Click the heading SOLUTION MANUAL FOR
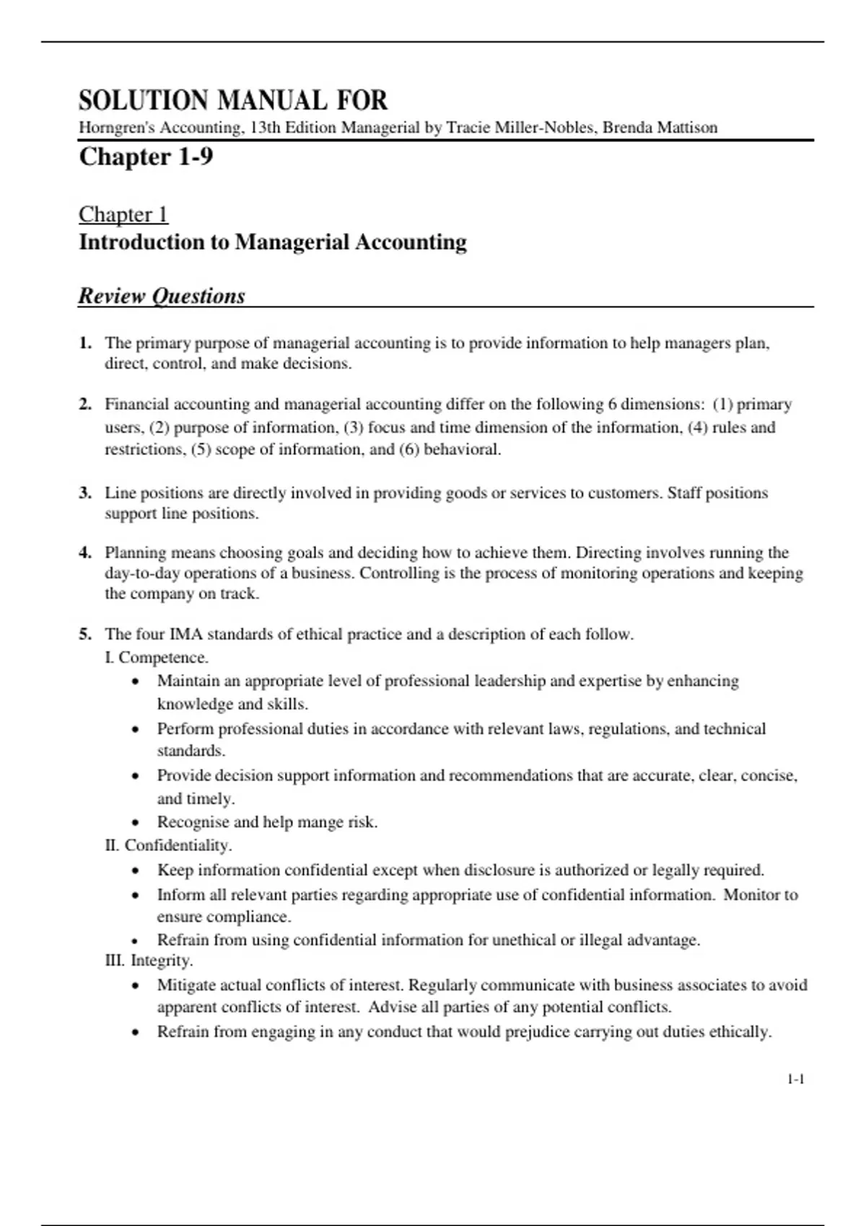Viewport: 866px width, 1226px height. click(233, 100)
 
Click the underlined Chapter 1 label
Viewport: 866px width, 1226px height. click(123, 214)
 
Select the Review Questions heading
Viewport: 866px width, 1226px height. click(162, 296)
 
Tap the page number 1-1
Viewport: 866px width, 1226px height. click(795, 1079)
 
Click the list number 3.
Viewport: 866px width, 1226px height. click(85, 493)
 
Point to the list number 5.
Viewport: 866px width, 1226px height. click(85, 635)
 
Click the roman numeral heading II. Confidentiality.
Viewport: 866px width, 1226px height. click(168, 844)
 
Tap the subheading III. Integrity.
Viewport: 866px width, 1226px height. click(149, 961)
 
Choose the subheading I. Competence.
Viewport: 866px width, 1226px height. click(157, 658)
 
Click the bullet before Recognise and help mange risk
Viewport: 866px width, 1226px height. click(136, 823)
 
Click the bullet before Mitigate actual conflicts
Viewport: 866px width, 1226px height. click(136, 986)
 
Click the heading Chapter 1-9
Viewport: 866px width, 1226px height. click(146, 156)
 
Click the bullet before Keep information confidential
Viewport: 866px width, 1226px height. click(136, 870)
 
